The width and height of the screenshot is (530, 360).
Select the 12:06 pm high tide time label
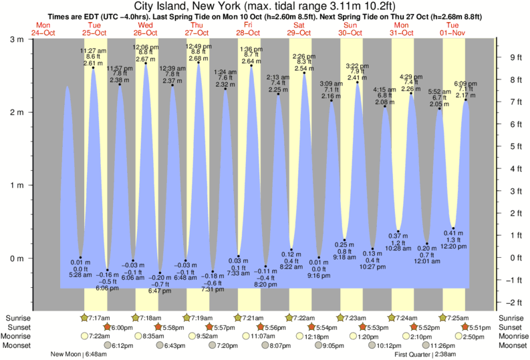tap(145, 47)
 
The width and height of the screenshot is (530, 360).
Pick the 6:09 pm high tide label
tap(465, 83)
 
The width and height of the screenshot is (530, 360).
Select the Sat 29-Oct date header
tap(299, 29)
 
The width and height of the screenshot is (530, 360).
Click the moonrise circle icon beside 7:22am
tap(84, 336)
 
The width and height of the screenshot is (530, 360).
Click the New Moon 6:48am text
tap(83, 354)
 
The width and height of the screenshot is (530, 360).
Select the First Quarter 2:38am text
tap(424, 354)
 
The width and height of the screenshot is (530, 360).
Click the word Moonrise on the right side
tap(511, 336)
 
